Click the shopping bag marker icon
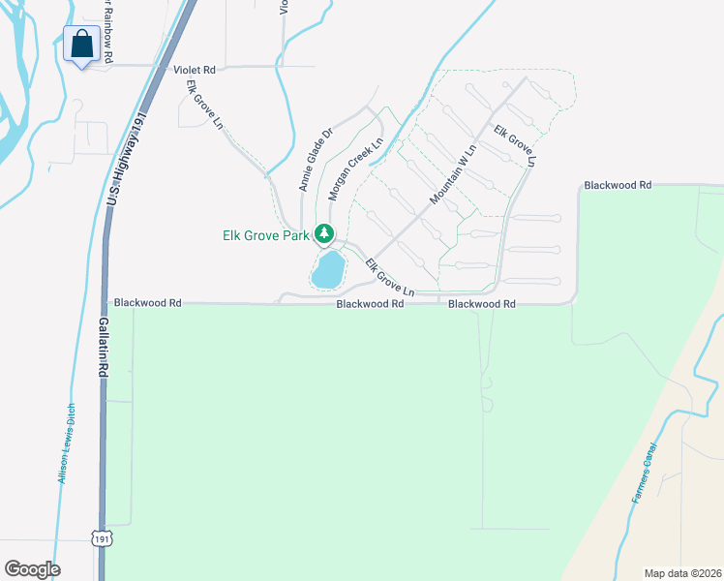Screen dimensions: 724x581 pyautogui.click(x=80, y=44)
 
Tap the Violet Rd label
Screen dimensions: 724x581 pyautogui.click(x=194, y=70)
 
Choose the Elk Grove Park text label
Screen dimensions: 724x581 pyautogui.click(x=264, y=235)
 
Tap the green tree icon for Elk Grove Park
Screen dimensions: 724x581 pyautogui.click(x=325, y=234)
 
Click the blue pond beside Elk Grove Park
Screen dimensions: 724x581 pyautogui.click(x=328, y=270)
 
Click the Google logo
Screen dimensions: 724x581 pyautogui.click(x=32, y=569)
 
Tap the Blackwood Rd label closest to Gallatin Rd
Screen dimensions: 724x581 pyautogui.click(x=148, y=303)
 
